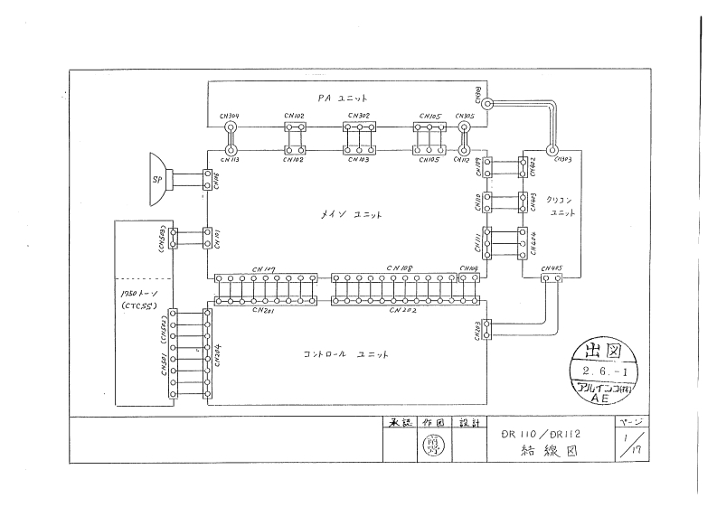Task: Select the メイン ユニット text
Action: pos(347,214)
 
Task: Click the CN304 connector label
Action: pos(230,117)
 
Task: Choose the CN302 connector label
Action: pos(358,117)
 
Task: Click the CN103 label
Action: pos(359,160)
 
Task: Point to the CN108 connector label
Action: pos(398,268)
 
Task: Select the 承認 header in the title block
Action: pos(399,423)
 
